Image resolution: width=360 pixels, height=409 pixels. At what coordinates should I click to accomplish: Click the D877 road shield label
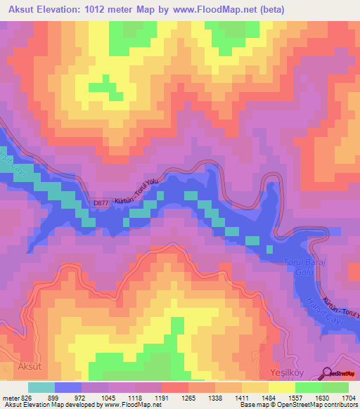point(101,204)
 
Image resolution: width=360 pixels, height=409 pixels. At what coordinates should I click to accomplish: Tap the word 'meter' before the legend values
point(10,398)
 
